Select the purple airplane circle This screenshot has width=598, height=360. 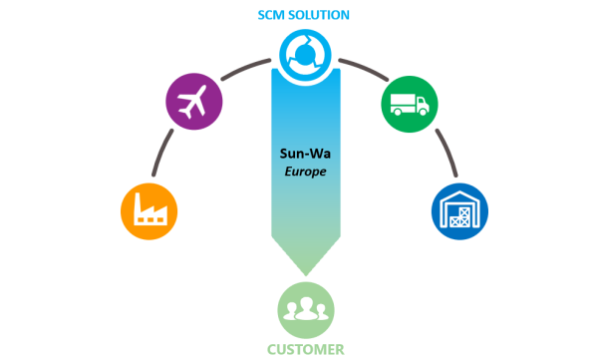(192, 102)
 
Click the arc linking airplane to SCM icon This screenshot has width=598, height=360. (245, 68)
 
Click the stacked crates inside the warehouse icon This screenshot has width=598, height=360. (459, 217)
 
